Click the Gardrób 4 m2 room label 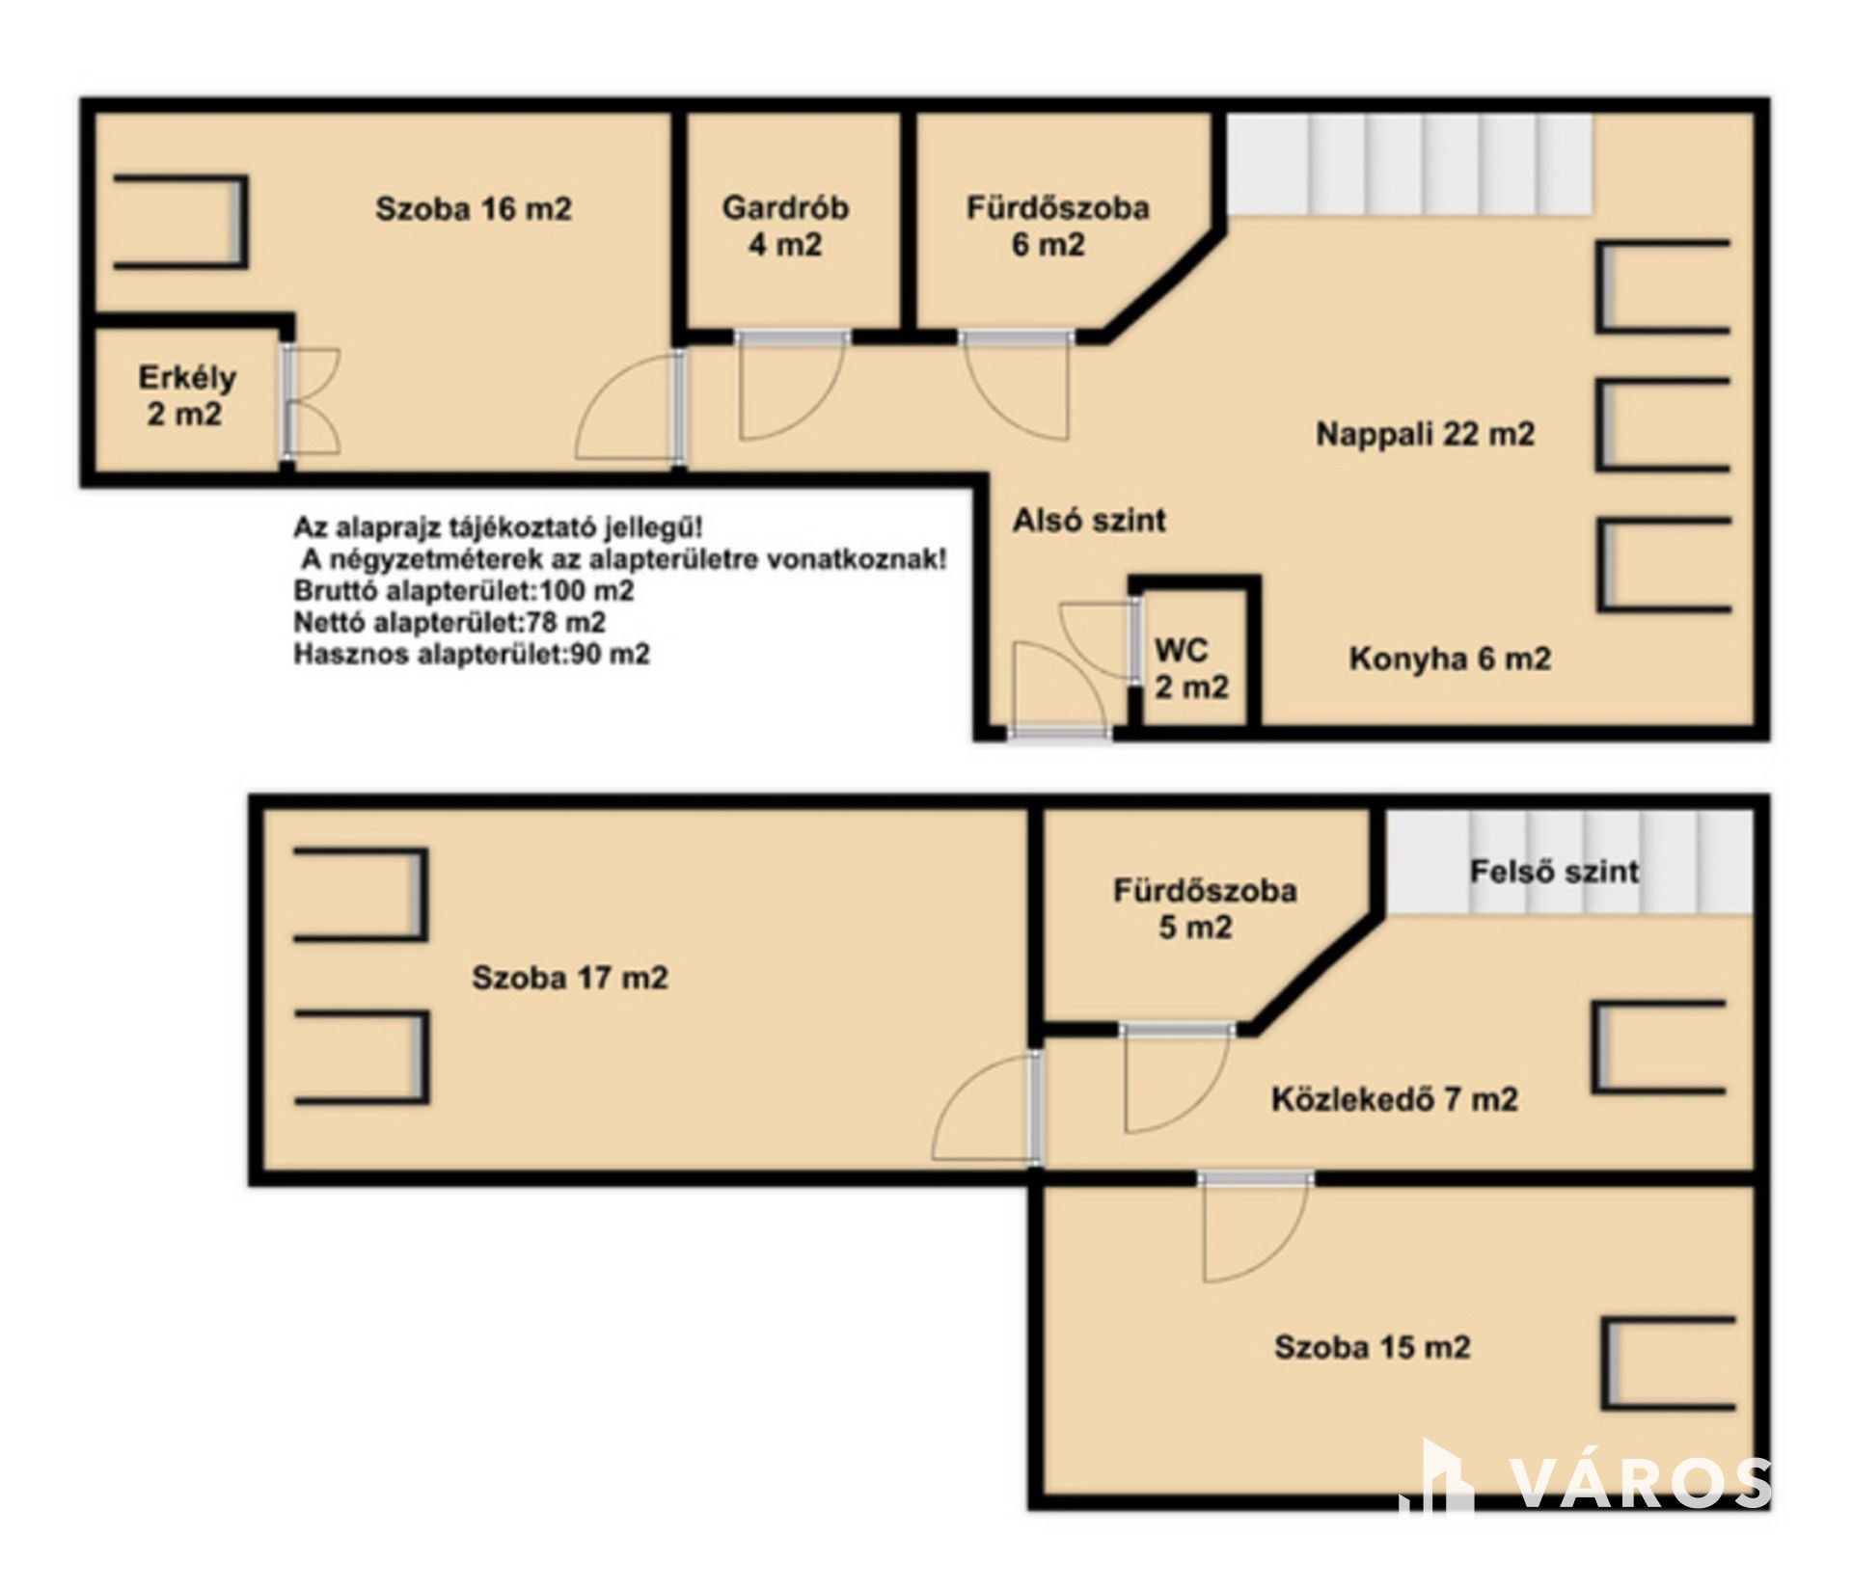785,226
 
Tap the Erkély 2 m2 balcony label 186,395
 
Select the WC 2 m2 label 1191,668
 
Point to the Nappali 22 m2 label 1425,434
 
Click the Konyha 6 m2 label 1450,659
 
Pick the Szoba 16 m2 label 474,208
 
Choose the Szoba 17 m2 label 569,978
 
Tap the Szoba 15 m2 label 1373,1346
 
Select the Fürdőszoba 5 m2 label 1205,908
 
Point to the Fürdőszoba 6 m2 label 1058,226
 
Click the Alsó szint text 1089,521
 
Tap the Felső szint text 1554,872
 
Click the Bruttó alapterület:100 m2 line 464,590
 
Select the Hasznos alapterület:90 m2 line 472,654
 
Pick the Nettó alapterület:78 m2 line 449,622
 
